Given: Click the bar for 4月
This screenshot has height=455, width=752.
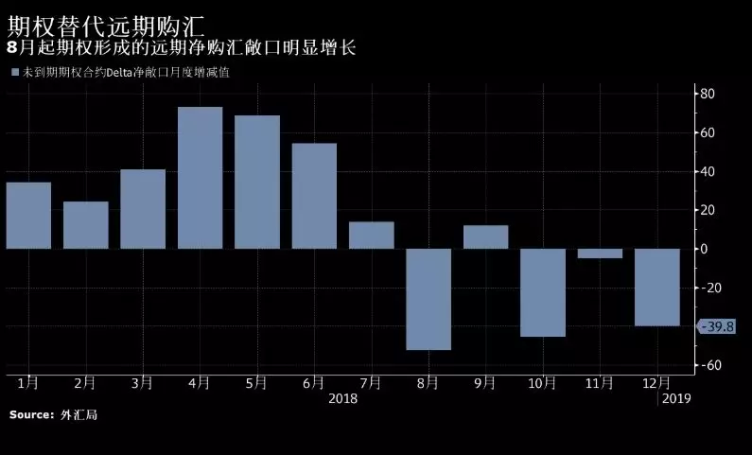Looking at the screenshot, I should (x=200, y=178).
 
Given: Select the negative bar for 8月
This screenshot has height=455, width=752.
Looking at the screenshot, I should (x=428, y=299).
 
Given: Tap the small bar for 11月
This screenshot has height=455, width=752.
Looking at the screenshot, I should (x=600, y=254).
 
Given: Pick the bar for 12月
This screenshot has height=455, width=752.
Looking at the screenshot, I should (x=656, y=288).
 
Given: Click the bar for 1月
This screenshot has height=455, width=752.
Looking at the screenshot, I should (x=28, y=216).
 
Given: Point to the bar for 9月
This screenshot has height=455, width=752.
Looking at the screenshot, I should (x=485, y=236).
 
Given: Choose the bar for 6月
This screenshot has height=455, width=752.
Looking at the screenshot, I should (x=314, y=196).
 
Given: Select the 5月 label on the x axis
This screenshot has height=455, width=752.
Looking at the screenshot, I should (x=256, y=383).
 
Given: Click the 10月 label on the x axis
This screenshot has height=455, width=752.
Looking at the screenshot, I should (x=542, y=383).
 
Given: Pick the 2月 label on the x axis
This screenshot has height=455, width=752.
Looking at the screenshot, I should (x=85, y=383).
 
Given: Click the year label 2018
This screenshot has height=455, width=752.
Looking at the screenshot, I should (x=343, y=398).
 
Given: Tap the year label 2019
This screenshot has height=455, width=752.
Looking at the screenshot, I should (x=676, y=398).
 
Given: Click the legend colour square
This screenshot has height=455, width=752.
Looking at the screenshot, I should (x=14, y=72).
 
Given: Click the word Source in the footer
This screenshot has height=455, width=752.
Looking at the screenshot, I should (x=31, y=415).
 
